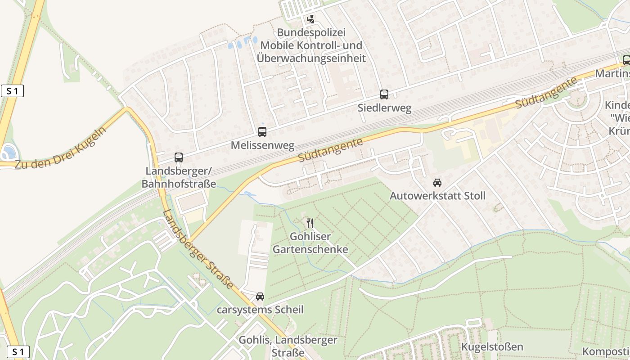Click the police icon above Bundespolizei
[x=310, y=19]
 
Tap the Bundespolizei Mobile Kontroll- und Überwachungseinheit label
[x=311, y=45]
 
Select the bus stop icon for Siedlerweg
[x=384, y=94]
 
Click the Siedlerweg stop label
[x=384, y=108]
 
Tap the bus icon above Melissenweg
[x=262, y=132]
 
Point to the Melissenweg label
[x=262, y=146]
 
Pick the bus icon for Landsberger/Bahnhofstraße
[x=179, y=157]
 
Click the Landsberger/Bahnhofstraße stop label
[x=179, y=177]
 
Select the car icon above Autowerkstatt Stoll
[x=437, y=183]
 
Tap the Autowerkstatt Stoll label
[x=437, y=196]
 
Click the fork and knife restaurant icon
[x=310, y=223]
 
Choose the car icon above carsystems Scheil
[x=260, y=297]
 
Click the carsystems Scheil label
[x=260, y=310]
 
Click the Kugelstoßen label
[x=492, y=346]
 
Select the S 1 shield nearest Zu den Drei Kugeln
[x=12, y=91]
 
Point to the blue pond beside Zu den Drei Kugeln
[x=8, y=152]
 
